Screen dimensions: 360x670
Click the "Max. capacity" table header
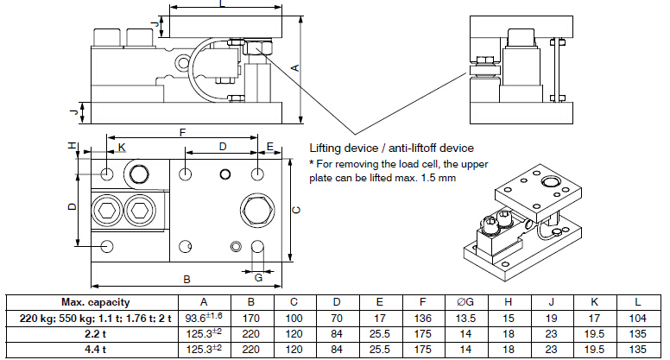point(95,301)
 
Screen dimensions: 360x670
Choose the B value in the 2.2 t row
point(250,333)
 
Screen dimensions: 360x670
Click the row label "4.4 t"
point(95,349)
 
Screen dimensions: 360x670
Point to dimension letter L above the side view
point(222,5)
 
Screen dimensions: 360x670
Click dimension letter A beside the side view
point(294,66)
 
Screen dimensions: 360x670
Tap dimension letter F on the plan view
point(180,133)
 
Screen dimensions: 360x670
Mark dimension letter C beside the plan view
point(294,209)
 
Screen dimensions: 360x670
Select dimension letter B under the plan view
point(186,280)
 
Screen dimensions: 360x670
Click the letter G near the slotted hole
point(258,276)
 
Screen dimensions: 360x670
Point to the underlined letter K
point(122,148)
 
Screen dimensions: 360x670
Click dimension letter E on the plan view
point(269,147)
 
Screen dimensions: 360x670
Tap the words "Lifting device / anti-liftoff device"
point(391,148)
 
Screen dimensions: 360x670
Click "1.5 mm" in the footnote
point(438,178)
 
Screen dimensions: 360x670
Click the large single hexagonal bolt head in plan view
point(256,209)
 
